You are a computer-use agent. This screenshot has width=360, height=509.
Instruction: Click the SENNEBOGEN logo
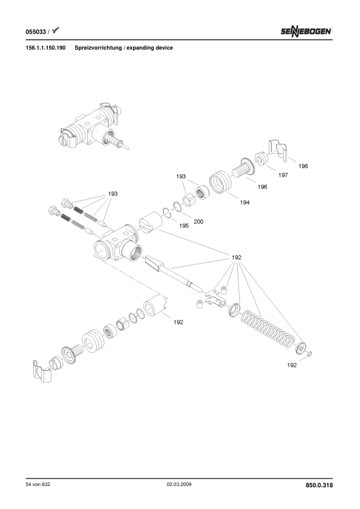(x=306, y=31)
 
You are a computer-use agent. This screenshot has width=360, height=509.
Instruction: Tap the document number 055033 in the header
(x=36, y=32)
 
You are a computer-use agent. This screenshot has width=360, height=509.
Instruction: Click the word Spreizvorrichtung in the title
(x=98, y=48)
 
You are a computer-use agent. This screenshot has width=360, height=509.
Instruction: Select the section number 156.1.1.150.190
(x=45, y=48)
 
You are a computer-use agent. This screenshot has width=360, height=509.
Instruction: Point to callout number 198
(x=303, y=166)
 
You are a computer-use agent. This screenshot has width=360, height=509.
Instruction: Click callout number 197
(x=283, y=175)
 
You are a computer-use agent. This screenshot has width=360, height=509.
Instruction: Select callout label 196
(x=262, y=187)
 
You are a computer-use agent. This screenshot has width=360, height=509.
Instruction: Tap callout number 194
(x=244, y=203)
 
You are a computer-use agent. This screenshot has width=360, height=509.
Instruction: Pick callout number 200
(x=198, y=222)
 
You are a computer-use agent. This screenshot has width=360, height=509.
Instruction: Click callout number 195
(x=184, y=225)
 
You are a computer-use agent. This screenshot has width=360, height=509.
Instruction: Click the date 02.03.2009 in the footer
(x=179, y=484)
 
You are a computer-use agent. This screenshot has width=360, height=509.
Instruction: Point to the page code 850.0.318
(x=319, y=485)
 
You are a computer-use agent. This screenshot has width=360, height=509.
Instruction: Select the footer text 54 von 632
(x=38, y=484)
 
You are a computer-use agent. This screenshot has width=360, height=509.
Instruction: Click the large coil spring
(x=267, y=328)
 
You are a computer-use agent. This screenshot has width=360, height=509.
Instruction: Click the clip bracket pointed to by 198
(x=279, y=151)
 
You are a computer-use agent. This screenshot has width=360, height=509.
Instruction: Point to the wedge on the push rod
(x=154, y=262)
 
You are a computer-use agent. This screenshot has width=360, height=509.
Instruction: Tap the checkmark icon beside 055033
(x=56, y=30)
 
